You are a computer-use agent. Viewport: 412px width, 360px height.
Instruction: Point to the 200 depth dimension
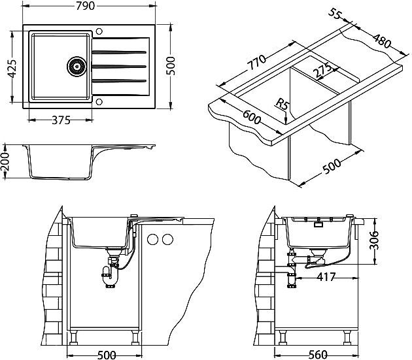pyautogui.click(x=6, y=161)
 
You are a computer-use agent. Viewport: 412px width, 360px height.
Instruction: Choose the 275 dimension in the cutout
pyautogui.click(x=322, y=70)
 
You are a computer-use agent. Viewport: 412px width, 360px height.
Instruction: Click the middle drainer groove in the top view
pyautogui.click(x=118, y=65)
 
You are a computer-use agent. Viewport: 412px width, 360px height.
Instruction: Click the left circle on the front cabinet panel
pyautogui.click(x=153, y=239)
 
